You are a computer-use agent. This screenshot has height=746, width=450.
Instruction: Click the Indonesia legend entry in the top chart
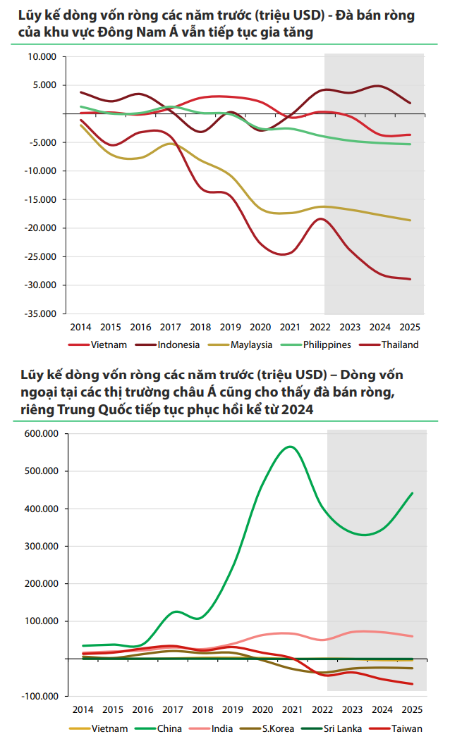pos(178,344)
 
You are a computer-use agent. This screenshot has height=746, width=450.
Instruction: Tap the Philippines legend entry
pos(327,344)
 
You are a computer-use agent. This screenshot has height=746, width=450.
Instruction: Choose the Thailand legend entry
pos(400,344)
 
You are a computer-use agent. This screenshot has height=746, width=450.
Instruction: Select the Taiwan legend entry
pos(406,728)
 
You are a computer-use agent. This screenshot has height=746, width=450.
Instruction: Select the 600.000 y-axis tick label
pos(40,434)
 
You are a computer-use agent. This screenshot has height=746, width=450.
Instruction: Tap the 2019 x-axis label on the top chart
pos(231,327)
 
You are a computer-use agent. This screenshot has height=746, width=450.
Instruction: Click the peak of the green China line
pos(290,446)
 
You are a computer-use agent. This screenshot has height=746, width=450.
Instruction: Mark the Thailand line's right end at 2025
pos(411,279)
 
